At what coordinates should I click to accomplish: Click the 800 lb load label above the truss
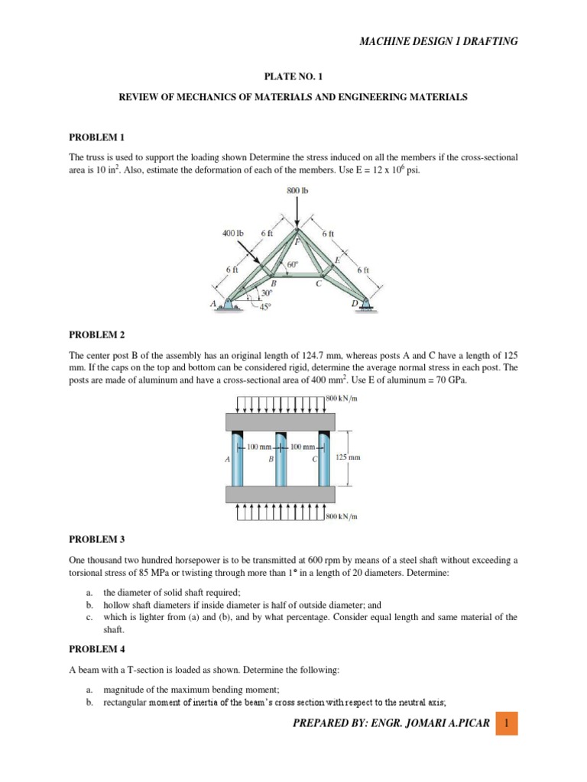pos(298,190)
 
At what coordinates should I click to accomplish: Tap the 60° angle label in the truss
pos(292,267)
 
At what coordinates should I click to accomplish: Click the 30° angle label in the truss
pos(266,292)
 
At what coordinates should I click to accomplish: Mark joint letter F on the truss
pos(297,239)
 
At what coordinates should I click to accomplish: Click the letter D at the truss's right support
pos(355,303)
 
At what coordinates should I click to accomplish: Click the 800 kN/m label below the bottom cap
pos(342,517)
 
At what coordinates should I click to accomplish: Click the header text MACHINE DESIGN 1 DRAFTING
pos(439,41)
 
